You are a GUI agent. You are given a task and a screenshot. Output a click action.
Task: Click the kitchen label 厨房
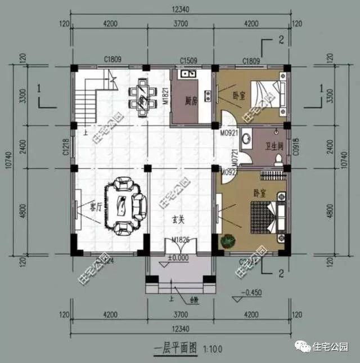191,102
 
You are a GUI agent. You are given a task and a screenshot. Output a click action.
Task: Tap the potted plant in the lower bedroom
227,241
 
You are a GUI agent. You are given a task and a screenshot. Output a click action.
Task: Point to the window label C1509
188,60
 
